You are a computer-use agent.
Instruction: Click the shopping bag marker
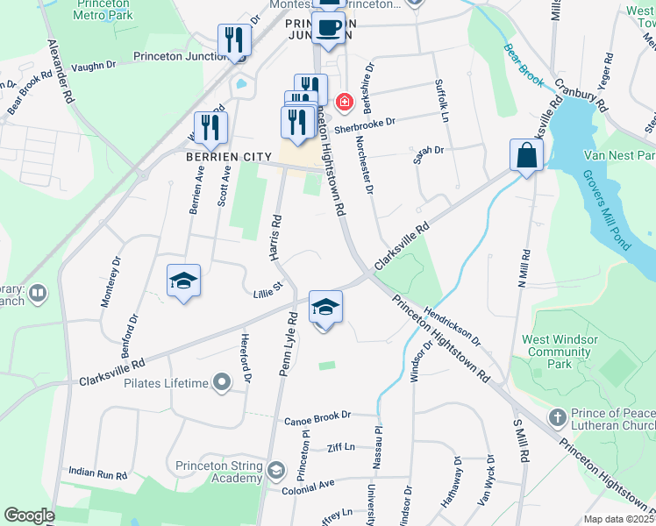point(526,156)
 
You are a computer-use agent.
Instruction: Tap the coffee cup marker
point(330,28)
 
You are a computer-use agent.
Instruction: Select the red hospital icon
point(344,102)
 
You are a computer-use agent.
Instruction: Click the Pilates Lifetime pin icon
point(221,382)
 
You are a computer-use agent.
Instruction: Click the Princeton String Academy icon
point(275,472)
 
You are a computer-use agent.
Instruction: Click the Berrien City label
point(217,156)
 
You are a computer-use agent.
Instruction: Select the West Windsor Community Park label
point(560,352)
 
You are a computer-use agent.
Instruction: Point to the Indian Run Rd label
point(98,473)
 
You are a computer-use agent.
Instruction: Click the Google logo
point(30,515)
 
